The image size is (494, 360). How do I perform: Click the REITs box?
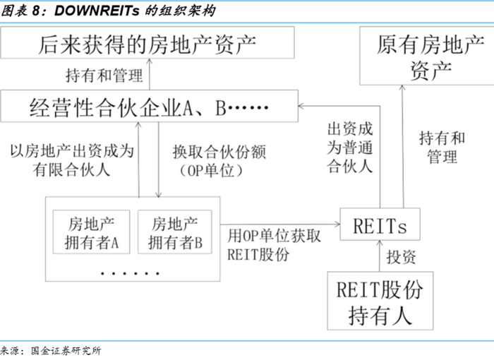380,225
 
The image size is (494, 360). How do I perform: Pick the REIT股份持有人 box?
380,302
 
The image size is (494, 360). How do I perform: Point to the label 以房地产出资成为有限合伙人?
72,160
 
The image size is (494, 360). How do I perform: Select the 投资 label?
403,257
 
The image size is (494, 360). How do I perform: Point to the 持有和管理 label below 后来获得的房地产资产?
104,75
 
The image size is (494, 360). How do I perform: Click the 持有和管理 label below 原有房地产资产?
442,147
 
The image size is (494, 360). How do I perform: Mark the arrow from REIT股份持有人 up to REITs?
380,257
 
